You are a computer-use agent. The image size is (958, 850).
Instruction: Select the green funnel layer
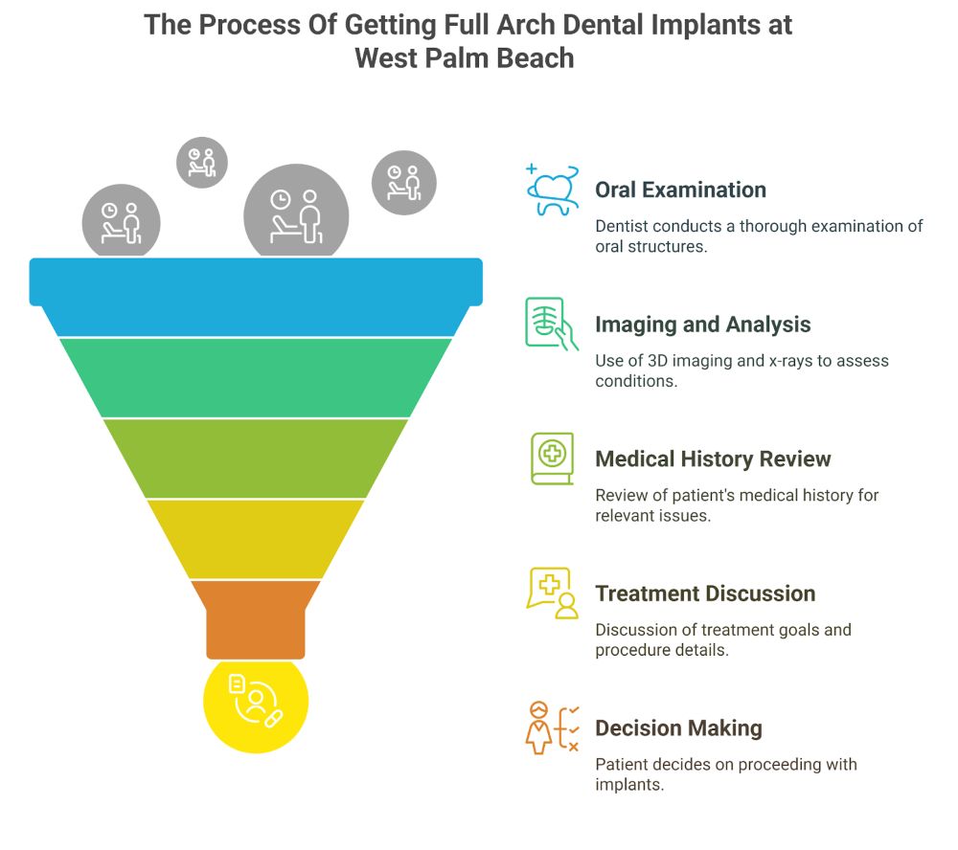[x=256, y=377]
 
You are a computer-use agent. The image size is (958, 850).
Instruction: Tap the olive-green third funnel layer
[x=256, y=459]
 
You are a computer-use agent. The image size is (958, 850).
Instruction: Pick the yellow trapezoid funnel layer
[x=256, y=539]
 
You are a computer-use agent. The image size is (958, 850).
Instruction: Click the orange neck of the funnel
[x=256, y=618]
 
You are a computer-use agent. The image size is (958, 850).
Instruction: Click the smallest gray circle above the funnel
[x=202, y=162]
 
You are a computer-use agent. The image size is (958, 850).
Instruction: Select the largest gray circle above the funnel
[x=296, y=212]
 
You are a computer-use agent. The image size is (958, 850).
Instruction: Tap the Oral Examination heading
[x=680, y=190]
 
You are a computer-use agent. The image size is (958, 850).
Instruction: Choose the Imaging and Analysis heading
[x=702, y=324]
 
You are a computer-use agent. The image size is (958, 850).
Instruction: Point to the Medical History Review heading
[x=713, y=459]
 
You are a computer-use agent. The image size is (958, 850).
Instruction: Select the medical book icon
[x=552, y=458]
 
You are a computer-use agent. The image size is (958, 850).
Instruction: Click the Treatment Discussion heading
[x=705, y=593]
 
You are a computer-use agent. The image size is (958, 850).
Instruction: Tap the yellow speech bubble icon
[x=552, y=593]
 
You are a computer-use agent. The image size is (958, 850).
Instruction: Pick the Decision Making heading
[x=678, y=728]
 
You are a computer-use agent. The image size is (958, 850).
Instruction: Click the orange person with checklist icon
[x=552, y=727]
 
